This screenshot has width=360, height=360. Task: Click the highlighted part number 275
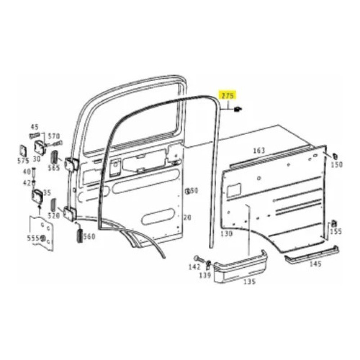[228, 96]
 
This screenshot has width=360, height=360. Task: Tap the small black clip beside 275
[237, 109]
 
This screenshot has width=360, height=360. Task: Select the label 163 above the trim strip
[259, 151]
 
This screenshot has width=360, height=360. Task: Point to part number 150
[337, 164]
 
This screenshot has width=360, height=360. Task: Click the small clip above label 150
[335, 156]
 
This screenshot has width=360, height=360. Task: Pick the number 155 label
[336, 231]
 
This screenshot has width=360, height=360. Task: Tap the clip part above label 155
[334, 223]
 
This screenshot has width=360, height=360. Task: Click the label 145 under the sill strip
[315, 264]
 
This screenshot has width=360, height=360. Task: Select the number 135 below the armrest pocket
[250, 281]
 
